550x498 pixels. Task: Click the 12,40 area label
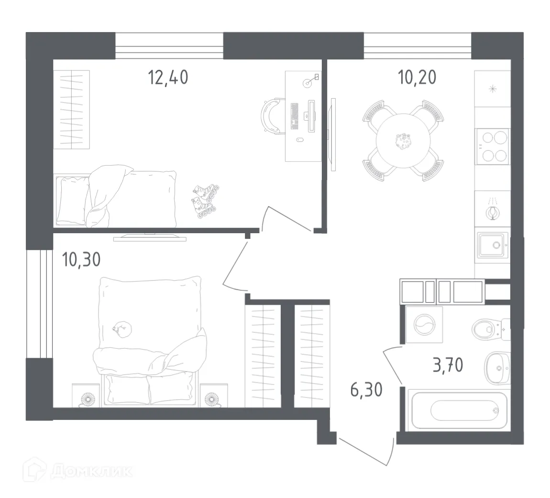(x=168, y=77)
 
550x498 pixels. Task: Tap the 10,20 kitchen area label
(x=417, y=77)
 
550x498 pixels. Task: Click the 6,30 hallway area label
(x=366, y=390)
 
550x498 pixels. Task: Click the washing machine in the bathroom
(x=424, y=325)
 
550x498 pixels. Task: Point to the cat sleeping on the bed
(x=121, y=328)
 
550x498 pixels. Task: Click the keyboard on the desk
(x=295, y=115)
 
